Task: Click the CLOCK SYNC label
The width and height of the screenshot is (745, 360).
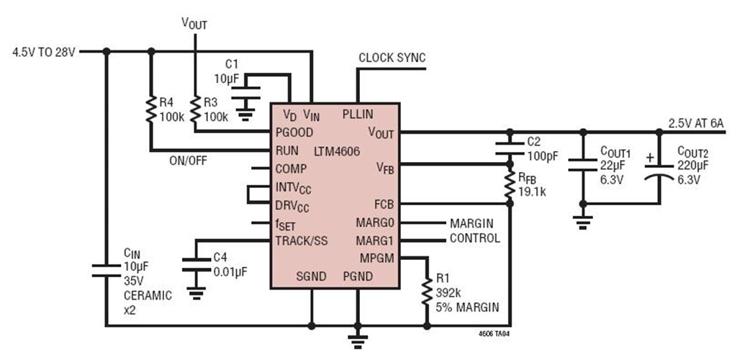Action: pos(392,58)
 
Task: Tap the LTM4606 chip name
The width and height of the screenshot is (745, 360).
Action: pos(337,151)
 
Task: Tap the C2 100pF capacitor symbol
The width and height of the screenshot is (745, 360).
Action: pos(509,148)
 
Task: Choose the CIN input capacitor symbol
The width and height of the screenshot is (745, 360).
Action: pos(106,270)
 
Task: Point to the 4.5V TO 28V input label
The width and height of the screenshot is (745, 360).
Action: pos(44,52)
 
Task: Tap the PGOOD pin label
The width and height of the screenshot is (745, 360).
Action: pos(294,132)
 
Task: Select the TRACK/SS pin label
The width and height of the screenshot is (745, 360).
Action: pos(301,240)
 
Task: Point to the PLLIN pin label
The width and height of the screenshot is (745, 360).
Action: pos(358,114)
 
